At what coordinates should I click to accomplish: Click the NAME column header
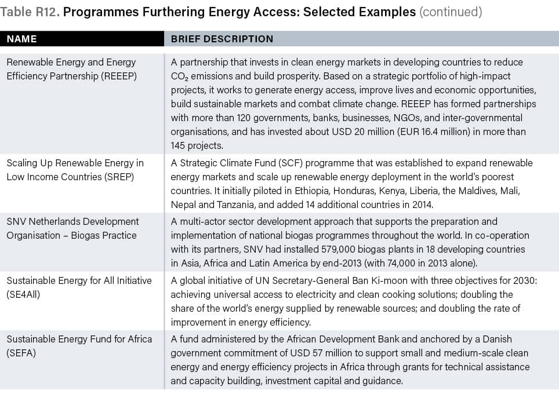click(x=22, y=39)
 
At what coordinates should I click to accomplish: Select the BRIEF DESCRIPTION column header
click(x=222, y=39)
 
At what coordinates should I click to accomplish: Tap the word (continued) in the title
click(x=451, y=12)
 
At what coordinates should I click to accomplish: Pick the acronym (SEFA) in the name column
click(x=21, y=353)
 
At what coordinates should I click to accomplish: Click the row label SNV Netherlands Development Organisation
click(x=72, y=228)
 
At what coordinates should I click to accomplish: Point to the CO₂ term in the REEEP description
click(x=180, y=76)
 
